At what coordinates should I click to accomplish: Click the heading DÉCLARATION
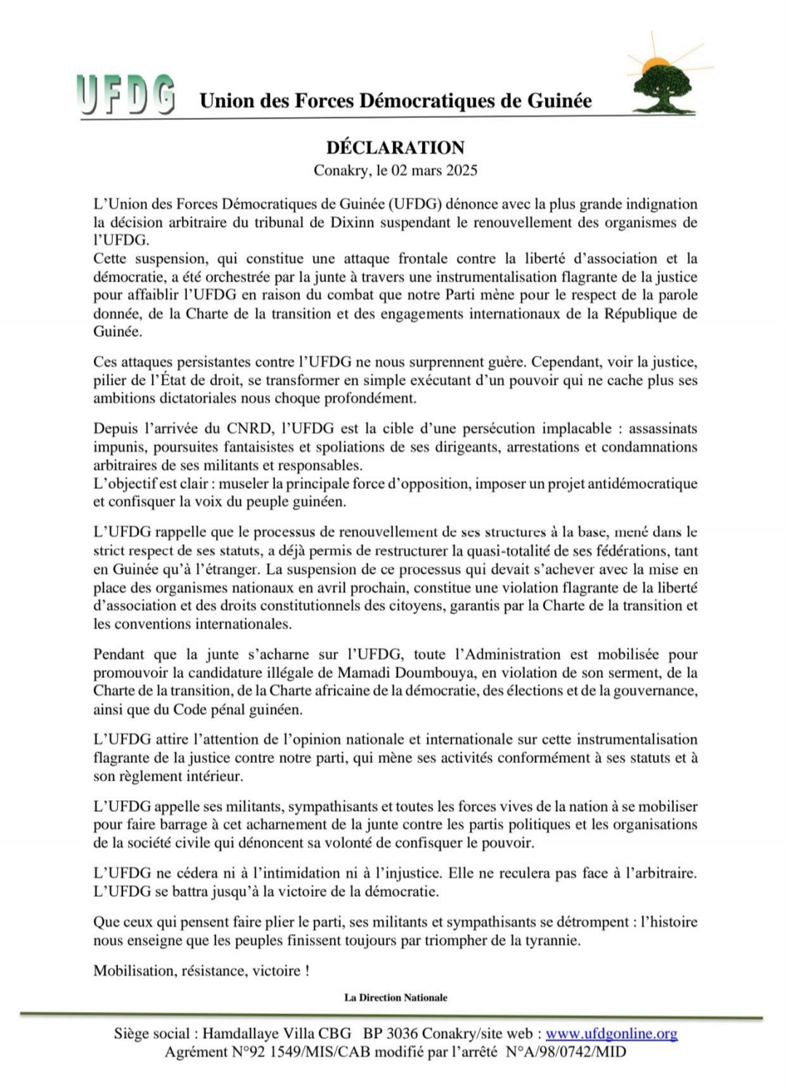tap(395, 148)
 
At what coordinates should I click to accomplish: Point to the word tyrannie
tap(555, 940)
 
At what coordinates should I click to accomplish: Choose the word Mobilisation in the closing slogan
tap(134, 970)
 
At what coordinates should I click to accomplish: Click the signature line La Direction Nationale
tap(395, 997)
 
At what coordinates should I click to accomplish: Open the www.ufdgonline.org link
tap(611, 1034)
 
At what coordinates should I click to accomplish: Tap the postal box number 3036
tap(401, 1034)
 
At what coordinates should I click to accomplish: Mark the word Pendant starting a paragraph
tap(119, 654)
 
